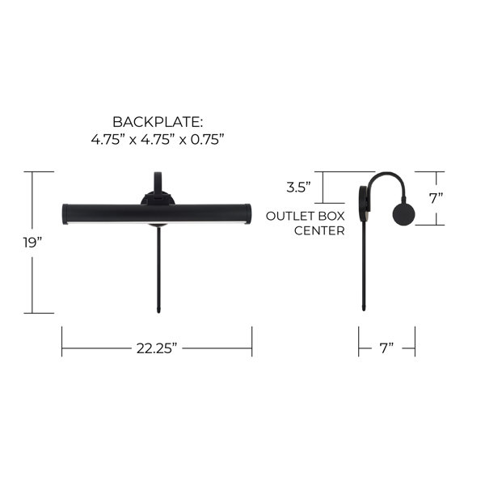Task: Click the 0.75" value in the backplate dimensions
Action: pos(207,140)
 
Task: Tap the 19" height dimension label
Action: pos(32,242)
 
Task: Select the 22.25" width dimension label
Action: pos(157,348)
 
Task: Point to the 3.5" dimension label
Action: pos(298,188)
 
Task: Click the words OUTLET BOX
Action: pos(305,216)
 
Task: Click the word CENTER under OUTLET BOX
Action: pos(319,230)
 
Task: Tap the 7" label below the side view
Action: pos(386,348)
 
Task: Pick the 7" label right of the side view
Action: pos(436,198)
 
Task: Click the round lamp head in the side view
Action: pos(403,215)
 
